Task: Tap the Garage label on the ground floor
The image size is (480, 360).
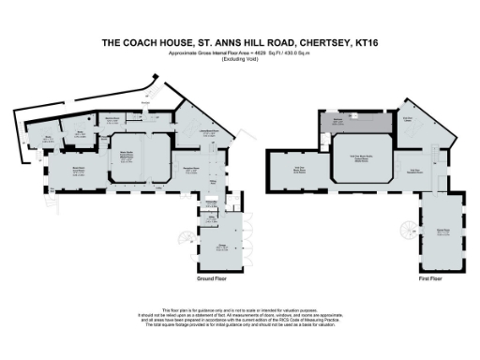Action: pyautogui.click(x=222, y=248)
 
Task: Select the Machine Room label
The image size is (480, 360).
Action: pyautogui.click(x=113, y=119)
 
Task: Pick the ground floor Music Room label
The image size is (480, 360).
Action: pyautogui.click(x=67, y=169)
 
